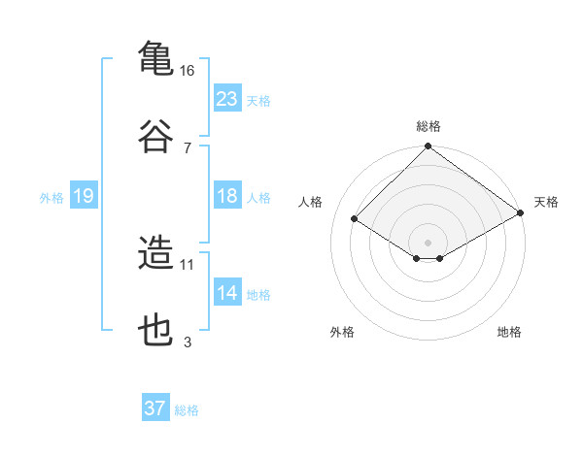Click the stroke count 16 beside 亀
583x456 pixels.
click(188, 71)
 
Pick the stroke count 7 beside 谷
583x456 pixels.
click(188, 147)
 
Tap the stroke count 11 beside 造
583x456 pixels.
click(188, 264)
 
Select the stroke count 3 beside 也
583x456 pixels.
click(188, 342)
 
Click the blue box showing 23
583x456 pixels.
click(226, 98)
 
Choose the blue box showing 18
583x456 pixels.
click(226, 196)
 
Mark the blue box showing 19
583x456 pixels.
click(83, 196)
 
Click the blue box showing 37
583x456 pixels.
click(155, 408)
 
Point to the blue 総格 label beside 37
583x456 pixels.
click(187, 410)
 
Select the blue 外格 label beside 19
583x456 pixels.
click(51, 198)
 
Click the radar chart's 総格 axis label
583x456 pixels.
click(428, 126)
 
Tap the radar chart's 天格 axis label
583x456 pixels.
click(546, 202)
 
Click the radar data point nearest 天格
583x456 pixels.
click(521, 213)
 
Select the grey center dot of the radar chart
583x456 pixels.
click(428, 242)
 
